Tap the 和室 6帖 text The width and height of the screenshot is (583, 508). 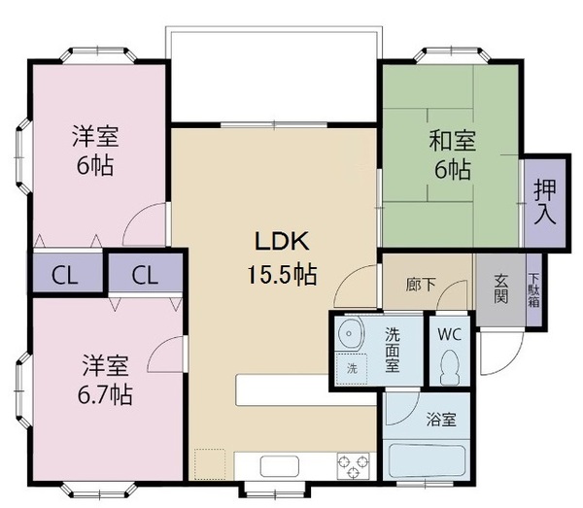pos(451,154)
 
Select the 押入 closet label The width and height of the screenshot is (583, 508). pos(544,201)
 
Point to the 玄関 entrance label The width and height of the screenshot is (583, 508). pos(501,288)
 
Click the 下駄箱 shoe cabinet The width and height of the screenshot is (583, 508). pos(533,288)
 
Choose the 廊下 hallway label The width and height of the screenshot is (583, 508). pos(421,287)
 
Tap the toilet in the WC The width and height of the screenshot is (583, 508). pos(449,365)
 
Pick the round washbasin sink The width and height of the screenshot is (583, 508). pos(349,336)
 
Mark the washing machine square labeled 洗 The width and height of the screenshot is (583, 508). pos(351,369)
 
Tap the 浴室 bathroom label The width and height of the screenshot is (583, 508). pos(441,421)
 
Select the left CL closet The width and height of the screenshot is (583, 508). pos(64,274)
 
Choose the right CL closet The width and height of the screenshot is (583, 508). pos(145,274)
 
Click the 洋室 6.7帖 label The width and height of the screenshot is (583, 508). pos(106,381)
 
